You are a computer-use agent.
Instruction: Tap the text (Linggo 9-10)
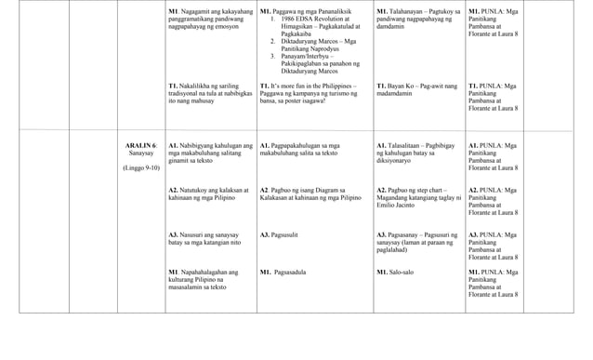[141, 167]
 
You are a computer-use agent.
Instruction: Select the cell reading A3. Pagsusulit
[279, 235]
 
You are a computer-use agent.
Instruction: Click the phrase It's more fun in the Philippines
[310, 86]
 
